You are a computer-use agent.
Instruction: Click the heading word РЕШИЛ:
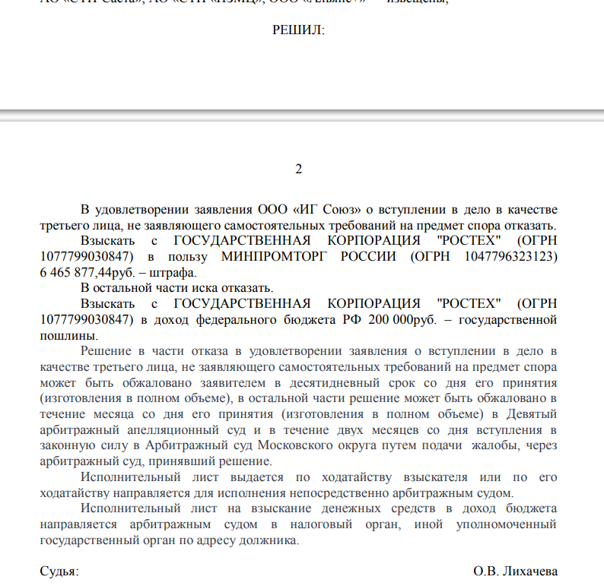coord(298,30)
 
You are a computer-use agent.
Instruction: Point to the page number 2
coord(299,169)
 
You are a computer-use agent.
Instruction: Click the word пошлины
coord(68,335)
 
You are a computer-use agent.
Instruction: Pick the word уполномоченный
coord(507,524)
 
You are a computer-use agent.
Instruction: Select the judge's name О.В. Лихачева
coord(515,571)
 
